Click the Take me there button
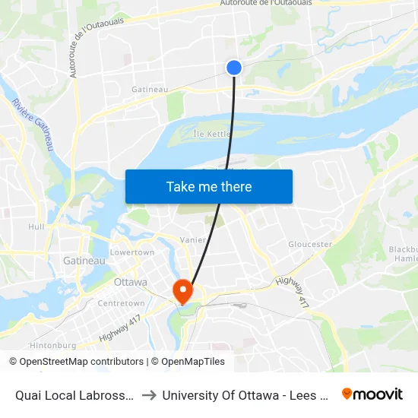coord(209,186)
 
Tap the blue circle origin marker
coord(234,68)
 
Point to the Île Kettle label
coord(211,134)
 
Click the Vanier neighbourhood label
coord(193,239)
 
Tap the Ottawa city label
coord(129,282)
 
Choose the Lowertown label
coord(132,252)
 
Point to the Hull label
coord(36,226)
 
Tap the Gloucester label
coord(310,245)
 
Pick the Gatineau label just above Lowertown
coord(84,261)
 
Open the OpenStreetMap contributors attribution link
coord(81,362)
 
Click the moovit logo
coord(372,394)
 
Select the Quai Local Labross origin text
coord(75,394)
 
